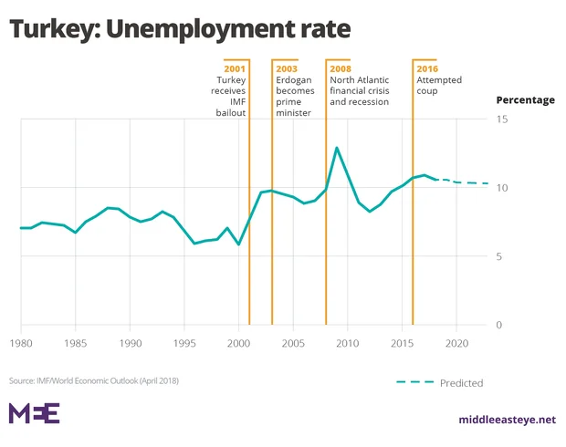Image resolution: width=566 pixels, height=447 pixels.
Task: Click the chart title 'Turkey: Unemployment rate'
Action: (180, 29)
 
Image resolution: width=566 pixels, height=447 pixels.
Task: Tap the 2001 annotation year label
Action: (236, 68)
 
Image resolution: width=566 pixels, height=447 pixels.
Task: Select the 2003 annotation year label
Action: (288, 68)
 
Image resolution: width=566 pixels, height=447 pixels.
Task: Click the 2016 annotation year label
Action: (427, 68)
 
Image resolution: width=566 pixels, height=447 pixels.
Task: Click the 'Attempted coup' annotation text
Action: (440, 86)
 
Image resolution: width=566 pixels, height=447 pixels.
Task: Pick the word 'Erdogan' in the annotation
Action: (295, 80)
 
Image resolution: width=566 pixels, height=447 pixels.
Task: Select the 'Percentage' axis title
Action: (525, 100)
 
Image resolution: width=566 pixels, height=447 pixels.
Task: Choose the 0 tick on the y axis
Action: (499, 326)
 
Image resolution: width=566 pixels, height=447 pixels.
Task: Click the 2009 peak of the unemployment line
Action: (337, 148)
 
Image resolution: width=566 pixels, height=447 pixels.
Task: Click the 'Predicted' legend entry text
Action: (461, 383)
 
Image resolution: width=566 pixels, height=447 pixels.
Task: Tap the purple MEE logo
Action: (34, 413)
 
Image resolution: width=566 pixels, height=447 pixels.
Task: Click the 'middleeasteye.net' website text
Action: (507, 420)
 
